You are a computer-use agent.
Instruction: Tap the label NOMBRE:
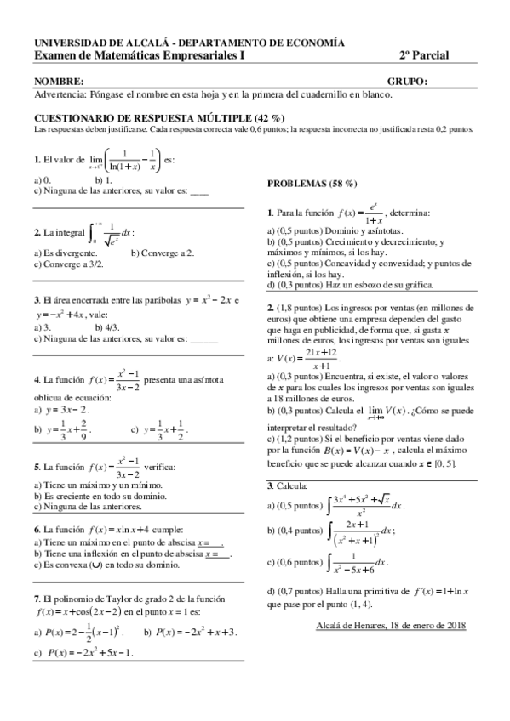click(58, 82)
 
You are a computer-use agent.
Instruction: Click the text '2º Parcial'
click(424, 55)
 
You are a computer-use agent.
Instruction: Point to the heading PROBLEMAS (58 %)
click(312, 184)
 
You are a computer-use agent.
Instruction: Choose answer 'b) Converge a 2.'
click(163, 253)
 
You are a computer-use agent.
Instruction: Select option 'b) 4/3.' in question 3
click(109, 326)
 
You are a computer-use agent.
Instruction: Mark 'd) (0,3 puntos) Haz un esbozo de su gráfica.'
click(350, 285)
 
